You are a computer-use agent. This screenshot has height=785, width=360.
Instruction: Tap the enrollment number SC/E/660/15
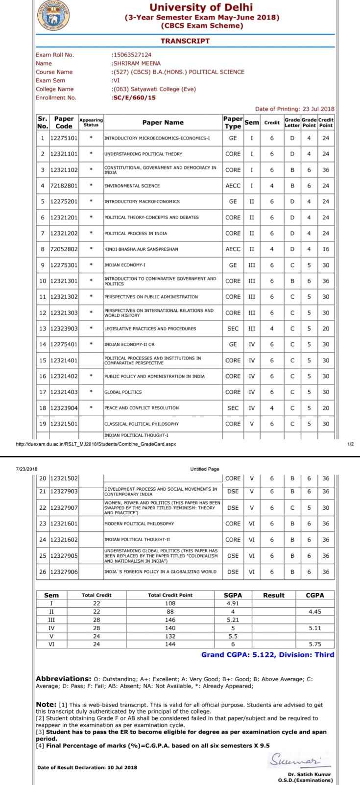(134, 97)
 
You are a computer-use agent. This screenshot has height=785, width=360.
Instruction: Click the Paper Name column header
(163, 122)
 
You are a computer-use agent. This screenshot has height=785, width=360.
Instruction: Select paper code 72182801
(64, 186)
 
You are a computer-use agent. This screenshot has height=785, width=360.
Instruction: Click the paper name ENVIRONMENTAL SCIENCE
(132, 186)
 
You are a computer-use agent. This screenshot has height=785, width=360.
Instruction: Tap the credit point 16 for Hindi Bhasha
(326, 249)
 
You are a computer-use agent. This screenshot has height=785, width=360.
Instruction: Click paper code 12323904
(64, 408)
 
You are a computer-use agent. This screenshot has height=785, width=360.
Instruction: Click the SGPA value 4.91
(233, 603)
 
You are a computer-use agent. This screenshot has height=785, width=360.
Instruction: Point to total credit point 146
(170, 620)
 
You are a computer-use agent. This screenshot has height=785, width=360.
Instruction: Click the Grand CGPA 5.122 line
(267, 655)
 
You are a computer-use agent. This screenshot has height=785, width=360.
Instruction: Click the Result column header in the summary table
(273, 595)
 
